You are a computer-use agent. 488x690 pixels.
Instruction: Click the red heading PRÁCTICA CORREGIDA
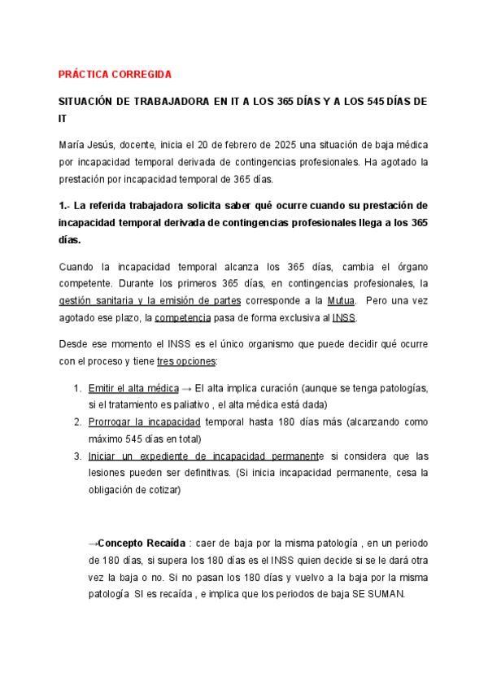pos(115,74)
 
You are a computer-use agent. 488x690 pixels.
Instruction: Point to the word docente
pos(139,144)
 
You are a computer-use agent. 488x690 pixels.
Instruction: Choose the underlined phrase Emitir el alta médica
pos(133,388)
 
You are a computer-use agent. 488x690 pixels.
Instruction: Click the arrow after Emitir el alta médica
pos(186,388)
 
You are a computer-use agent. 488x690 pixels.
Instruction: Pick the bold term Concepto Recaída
pos(142,543)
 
